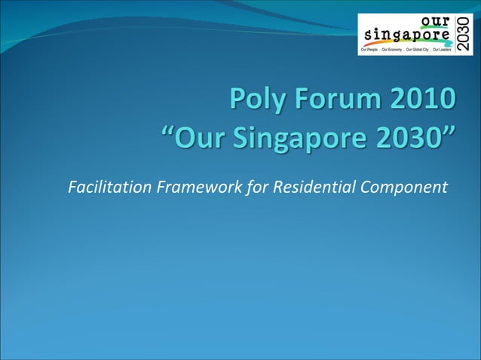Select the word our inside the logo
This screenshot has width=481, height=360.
(x=433, y=22)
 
